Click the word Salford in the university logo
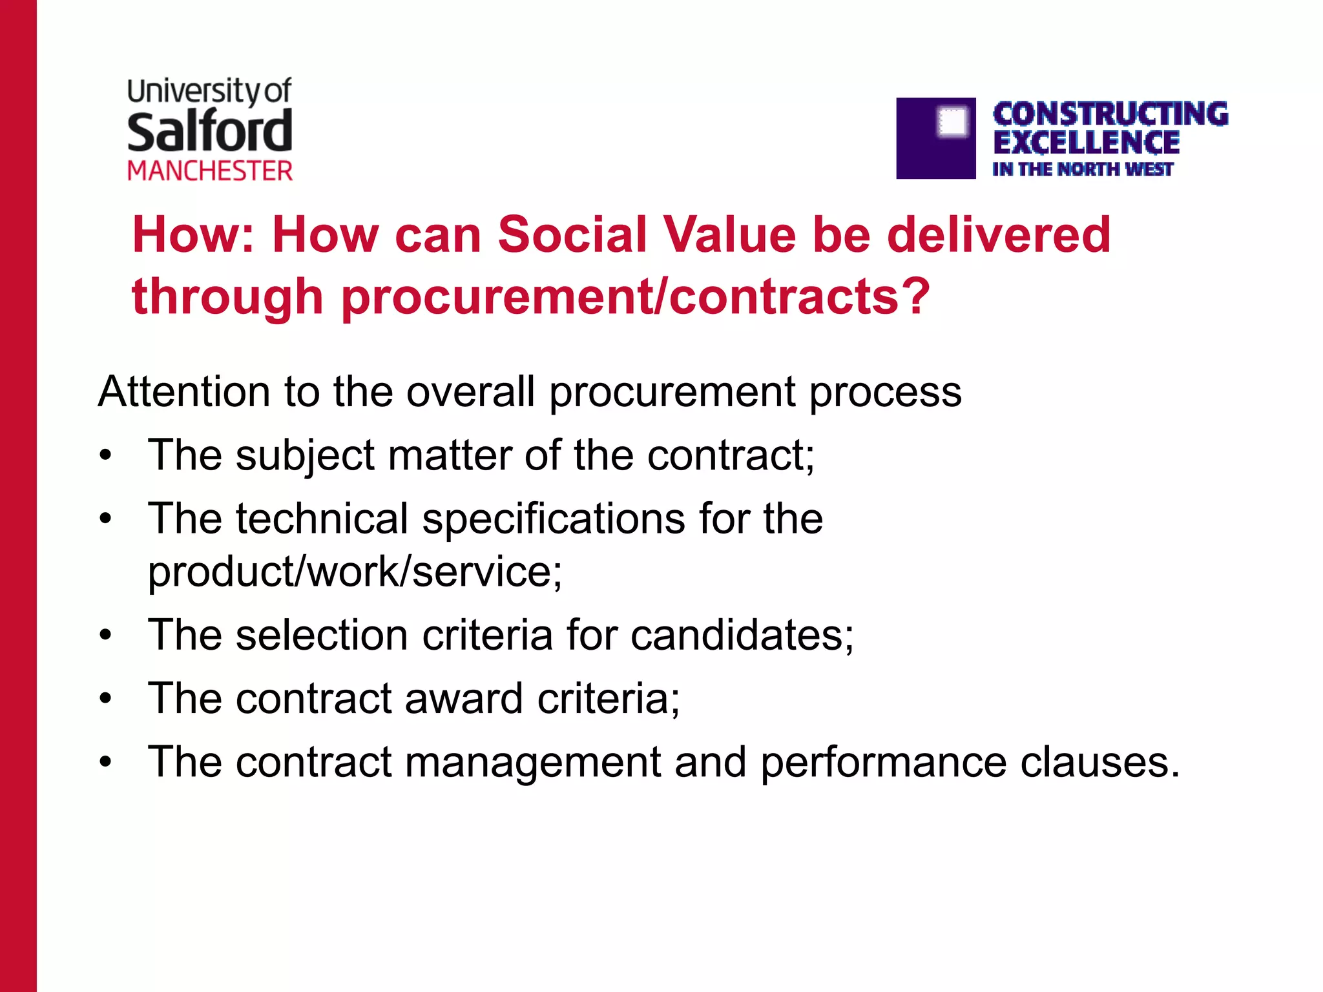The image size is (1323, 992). [x=210, y=131]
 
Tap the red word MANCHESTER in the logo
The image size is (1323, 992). [x=210, y=171]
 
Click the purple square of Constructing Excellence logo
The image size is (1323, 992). [x=935, y=138]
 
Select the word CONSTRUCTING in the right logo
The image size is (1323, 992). [x=1110, y=114]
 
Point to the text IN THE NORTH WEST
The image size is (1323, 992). [x=1082, y=169]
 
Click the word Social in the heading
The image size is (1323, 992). [x=572, y=234]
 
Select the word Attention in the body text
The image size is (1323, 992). [x=184, y=391]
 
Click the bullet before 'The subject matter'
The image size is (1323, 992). [x=106, y=455]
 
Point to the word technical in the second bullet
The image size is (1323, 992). [x=322, y=519]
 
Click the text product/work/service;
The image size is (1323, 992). [x=355, y=572]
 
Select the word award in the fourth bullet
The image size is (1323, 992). [x=463, y=698]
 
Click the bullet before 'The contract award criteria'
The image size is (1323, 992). [x=106, y=699]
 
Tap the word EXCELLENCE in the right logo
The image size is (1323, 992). [x=1086, y=143]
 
